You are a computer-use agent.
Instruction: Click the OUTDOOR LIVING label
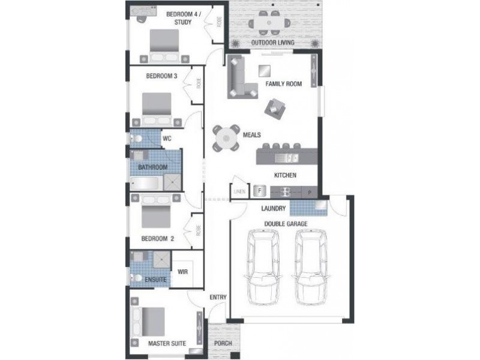click(x=272, y=43)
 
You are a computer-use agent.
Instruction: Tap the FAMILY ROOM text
click(x=283, y=84)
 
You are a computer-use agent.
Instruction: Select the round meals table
click(x=226, y=139)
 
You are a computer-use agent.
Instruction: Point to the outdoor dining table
click(x=268, y=22)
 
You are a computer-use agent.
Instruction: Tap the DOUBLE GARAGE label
click(x=286, y=223)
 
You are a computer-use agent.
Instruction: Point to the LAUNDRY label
click(x=273, y=209)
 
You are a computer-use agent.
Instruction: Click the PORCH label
click(x=223, y=344)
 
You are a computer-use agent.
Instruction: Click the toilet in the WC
click(x=138, y=139)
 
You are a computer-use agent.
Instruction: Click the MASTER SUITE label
click(x=166, y=344)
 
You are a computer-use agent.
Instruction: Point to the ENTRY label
click(x=217, y=298)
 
